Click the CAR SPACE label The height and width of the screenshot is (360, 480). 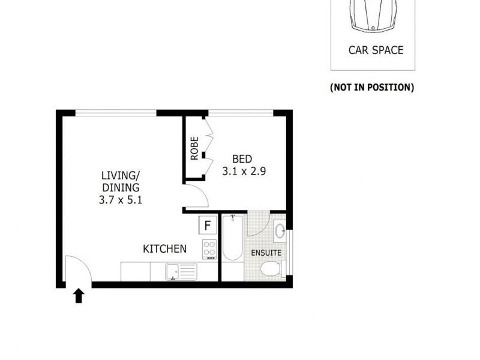376,50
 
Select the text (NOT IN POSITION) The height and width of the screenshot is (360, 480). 372,88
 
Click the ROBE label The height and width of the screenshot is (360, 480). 194,148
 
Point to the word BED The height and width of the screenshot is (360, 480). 242,159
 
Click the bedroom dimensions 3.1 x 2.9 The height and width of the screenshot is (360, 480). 244,170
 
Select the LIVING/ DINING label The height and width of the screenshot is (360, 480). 120,181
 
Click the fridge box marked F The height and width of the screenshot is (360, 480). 208,226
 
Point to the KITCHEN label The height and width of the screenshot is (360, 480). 164,248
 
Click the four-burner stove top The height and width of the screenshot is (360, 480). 209,248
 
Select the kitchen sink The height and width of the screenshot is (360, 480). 181,272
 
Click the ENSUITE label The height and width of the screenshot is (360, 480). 266,253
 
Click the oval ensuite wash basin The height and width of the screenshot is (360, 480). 280,230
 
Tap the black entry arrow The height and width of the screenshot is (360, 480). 78,295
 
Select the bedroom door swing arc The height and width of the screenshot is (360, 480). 197,197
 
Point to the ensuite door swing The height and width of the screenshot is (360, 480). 258,223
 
